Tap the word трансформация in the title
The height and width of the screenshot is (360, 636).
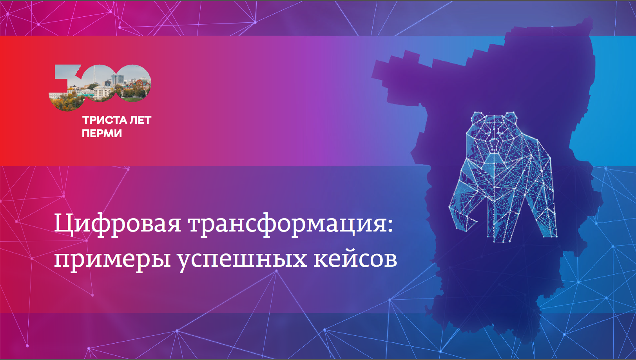(x=287, y=224)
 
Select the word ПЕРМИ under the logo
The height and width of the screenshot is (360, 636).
(x=102, y=133)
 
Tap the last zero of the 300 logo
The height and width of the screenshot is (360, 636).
(x=132, y=83)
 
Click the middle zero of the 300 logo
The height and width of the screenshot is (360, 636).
(x=100, y=83)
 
